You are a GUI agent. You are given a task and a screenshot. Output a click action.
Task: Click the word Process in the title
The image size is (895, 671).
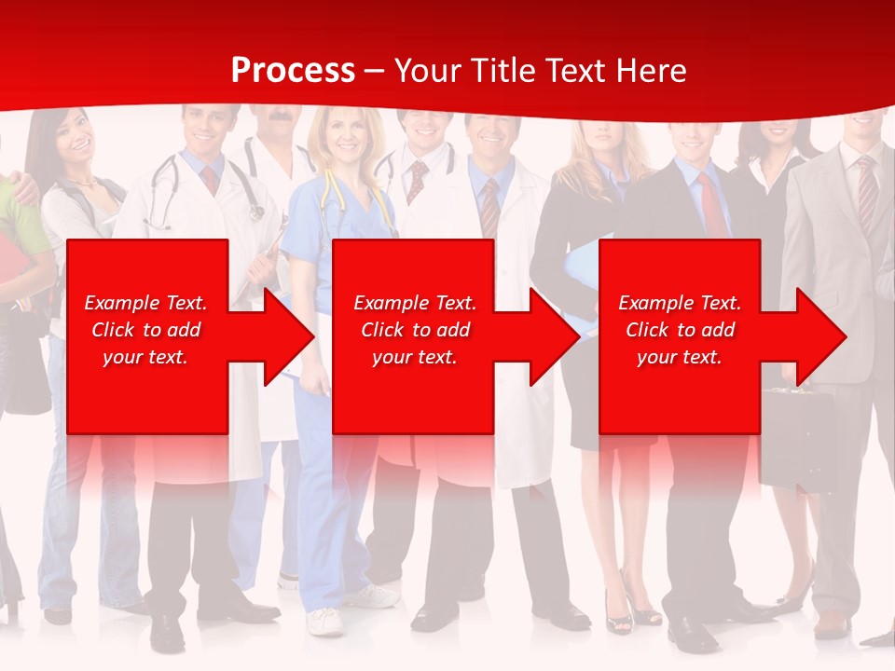(x=293, y=71)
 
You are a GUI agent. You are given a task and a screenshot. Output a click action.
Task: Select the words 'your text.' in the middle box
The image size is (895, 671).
(x=414, y=357)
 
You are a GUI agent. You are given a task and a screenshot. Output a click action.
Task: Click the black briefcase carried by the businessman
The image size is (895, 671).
(x=797, y=438)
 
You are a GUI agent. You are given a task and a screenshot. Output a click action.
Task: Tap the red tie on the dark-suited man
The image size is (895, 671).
(x=710, y=205)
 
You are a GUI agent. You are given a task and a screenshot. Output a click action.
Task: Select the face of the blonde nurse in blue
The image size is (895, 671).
(x=346, y=135)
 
